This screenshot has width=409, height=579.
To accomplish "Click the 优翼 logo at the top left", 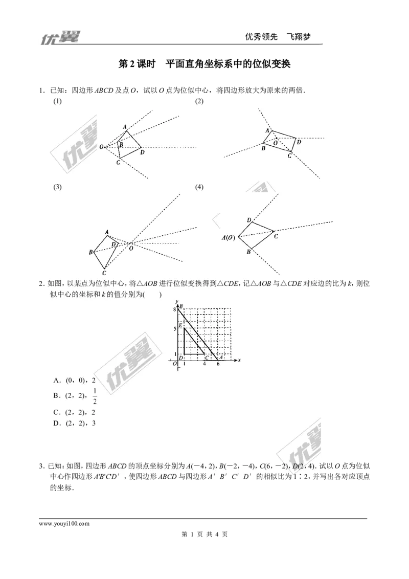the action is [x=59, y=37].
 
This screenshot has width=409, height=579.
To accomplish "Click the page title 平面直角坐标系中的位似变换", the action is [x=228, y=64].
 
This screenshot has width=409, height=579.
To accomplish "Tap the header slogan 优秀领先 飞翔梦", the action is [x=278, y=36].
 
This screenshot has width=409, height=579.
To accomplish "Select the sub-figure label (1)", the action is [x=58, y=101].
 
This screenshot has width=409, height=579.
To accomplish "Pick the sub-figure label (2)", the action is [x=199, y=101].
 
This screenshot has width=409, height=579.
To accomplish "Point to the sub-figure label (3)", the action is [x=58, y=187].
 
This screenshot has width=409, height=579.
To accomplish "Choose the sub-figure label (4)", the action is [x=199, y=187].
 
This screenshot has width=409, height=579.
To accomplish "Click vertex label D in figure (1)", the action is [x=143, y=152].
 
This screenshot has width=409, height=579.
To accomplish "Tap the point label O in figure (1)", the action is [x=101, y=147].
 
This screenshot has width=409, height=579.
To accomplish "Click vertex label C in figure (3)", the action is [x=104, y=273].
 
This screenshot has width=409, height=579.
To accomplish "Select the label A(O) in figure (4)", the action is [x=228, y=237].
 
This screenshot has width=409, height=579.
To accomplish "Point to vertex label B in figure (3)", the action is [x=91, y=252].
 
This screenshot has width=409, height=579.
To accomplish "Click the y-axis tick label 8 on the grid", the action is [x=175, y=309].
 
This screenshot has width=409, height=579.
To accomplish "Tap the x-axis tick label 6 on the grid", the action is [x=218, y=364].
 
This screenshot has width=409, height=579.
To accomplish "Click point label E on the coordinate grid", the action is [x=180, y=325].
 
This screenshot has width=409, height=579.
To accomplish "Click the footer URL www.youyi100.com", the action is [x=64, y=524].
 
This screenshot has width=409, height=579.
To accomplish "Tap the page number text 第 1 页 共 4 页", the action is [x=204, y=535].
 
